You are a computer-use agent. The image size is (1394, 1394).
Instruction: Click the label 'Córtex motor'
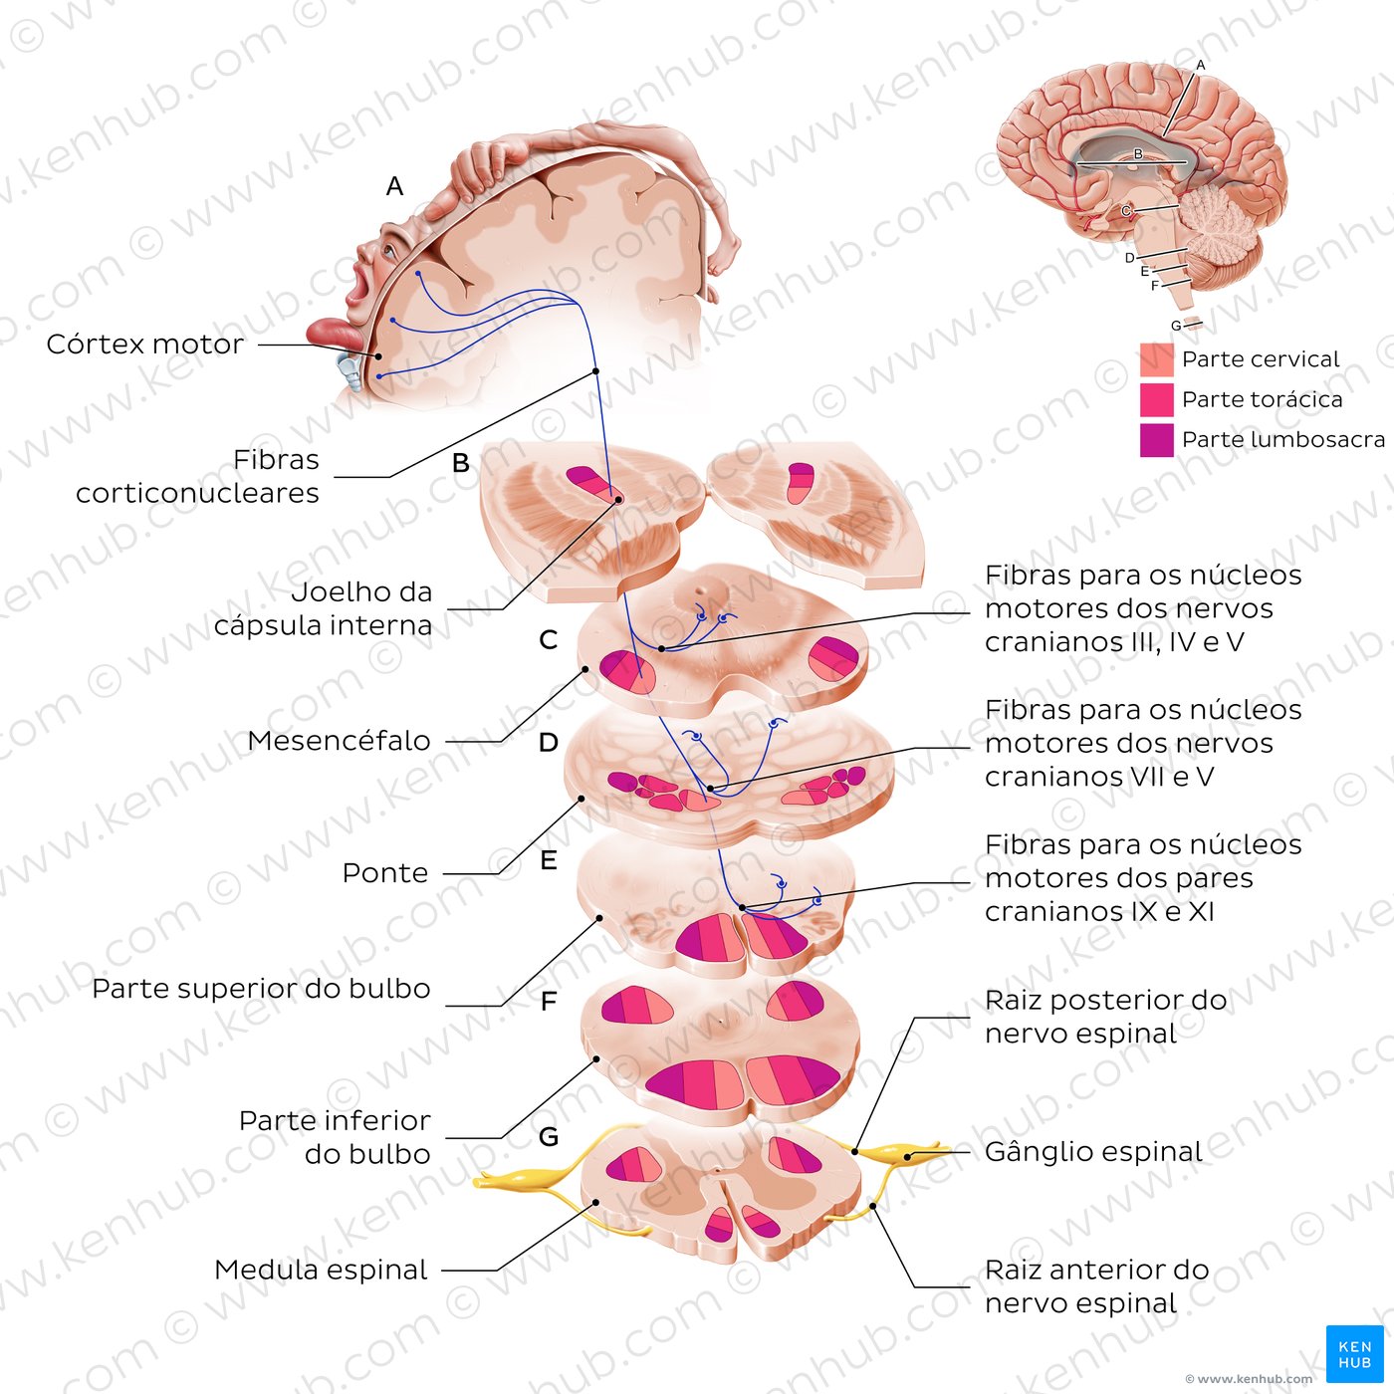145,345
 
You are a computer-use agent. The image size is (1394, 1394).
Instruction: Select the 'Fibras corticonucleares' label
198,476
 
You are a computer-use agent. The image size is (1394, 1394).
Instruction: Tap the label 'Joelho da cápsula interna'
324,608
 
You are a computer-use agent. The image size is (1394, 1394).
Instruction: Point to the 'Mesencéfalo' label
339,741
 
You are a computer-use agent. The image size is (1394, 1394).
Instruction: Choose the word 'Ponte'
385,873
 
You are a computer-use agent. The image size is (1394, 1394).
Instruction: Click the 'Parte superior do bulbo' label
261,989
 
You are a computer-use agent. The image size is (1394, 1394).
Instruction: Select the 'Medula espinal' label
321,1270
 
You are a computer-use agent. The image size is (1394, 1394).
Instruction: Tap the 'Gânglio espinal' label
1092,1152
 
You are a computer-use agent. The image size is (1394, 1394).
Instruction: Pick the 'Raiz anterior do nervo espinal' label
1095,1285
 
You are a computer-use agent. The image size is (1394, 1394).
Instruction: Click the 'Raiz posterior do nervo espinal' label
1104,1016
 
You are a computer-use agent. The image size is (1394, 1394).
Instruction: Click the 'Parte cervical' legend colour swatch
1156,359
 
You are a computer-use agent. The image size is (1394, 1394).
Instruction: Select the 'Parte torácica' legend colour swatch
1156,399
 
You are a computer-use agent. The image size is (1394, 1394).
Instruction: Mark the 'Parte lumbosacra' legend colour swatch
1156,440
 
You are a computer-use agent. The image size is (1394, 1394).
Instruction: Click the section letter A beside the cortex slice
395,186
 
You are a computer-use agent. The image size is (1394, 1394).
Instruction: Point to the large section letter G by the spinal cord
548,1136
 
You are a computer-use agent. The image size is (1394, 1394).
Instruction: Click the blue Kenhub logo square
1354,1353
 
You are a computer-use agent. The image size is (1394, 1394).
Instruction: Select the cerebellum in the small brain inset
1222,229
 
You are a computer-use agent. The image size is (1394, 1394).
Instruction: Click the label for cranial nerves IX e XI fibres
1142,877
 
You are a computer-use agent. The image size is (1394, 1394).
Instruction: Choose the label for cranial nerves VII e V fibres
1142,743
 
